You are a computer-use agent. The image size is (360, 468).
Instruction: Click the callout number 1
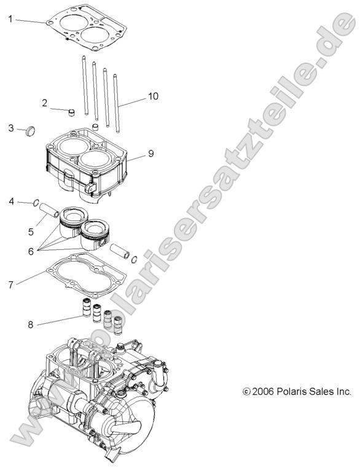pyautogui.click(x=10, y=19)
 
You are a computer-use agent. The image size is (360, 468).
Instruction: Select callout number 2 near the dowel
pyautogui.click(x=45, y=103)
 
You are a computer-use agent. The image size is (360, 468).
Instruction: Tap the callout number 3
pyautogui.click(x=10, y=128)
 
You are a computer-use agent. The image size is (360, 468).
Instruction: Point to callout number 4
pyautogui.click(x=10, y=201)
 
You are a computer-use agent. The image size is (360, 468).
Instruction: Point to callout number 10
pyautogui.click(x=153, y=97)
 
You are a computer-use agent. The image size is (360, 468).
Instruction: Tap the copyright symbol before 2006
pyautogui.click(x=247, y=391)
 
